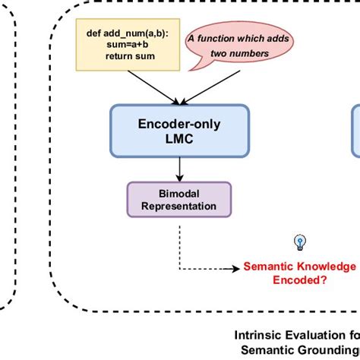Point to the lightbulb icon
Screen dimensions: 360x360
[x=299, y=242]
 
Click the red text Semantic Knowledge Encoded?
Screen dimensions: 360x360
[x=299, y=273]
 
